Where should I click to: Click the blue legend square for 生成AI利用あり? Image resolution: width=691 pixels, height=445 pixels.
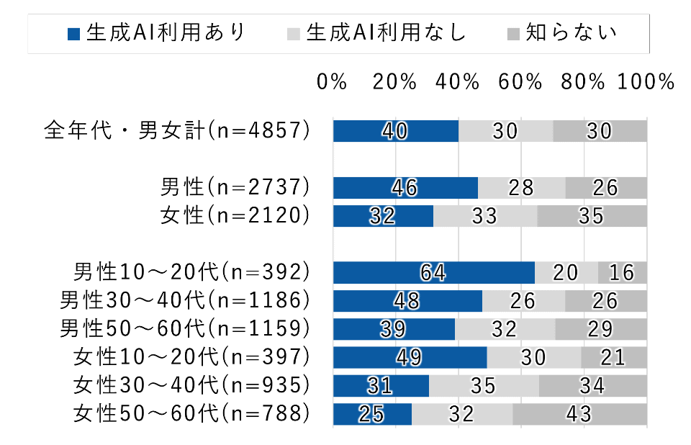73,33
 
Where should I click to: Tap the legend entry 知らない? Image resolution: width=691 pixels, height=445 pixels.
563,33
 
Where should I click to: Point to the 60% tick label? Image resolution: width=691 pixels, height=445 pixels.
520,82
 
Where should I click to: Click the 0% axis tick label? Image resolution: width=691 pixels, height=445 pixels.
332,82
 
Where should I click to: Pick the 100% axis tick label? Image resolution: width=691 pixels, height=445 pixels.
645,82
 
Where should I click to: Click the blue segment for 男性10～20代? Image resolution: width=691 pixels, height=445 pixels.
433,272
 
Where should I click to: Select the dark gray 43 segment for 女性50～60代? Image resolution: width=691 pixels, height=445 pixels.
579,414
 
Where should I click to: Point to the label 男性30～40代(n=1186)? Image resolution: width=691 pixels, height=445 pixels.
185,300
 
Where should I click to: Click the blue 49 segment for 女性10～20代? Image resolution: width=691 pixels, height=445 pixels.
410,357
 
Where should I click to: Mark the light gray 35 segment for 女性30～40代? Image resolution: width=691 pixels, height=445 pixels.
484,386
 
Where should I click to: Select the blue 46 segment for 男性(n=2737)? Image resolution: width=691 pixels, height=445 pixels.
405,187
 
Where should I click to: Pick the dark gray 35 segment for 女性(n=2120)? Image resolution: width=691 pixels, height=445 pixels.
592,215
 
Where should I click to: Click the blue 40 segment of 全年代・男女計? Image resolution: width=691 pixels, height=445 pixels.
395,131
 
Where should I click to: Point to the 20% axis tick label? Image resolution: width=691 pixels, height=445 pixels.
394,82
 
